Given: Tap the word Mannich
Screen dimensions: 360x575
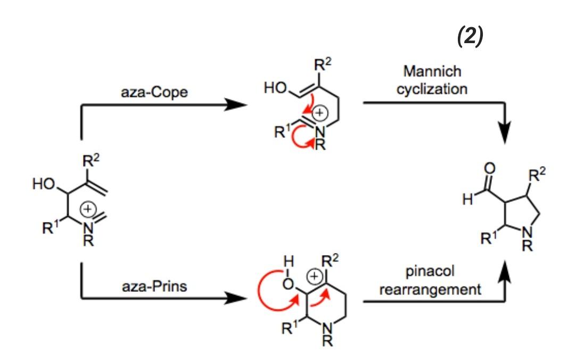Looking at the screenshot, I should [x=432, y=71].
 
